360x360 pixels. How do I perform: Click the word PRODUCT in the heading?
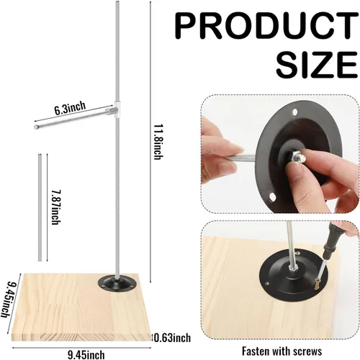point(266,26)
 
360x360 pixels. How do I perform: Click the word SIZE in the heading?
point(317,65)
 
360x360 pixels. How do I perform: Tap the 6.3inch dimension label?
point(70,109)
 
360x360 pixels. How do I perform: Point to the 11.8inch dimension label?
point(158,142)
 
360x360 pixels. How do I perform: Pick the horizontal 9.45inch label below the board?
point(86,355)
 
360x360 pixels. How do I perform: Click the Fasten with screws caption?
point(282,351)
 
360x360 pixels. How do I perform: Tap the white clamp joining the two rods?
point(117,109)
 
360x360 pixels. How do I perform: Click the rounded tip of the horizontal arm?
point(37,127)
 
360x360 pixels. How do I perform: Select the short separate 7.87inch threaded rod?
point(40,208)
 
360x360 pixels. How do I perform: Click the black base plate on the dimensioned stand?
point(117,283)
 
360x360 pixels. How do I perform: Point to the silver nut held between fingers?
point(298,157)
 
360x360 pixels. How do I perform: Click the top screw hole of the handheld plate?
point(295,112)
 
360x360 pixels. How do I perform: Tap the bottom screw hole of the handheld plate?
point(272,197)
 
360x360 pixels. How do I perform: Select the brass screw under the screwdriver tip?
point(317,285)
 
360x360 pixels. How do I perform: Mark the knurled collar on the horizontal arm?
point(110,111)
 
